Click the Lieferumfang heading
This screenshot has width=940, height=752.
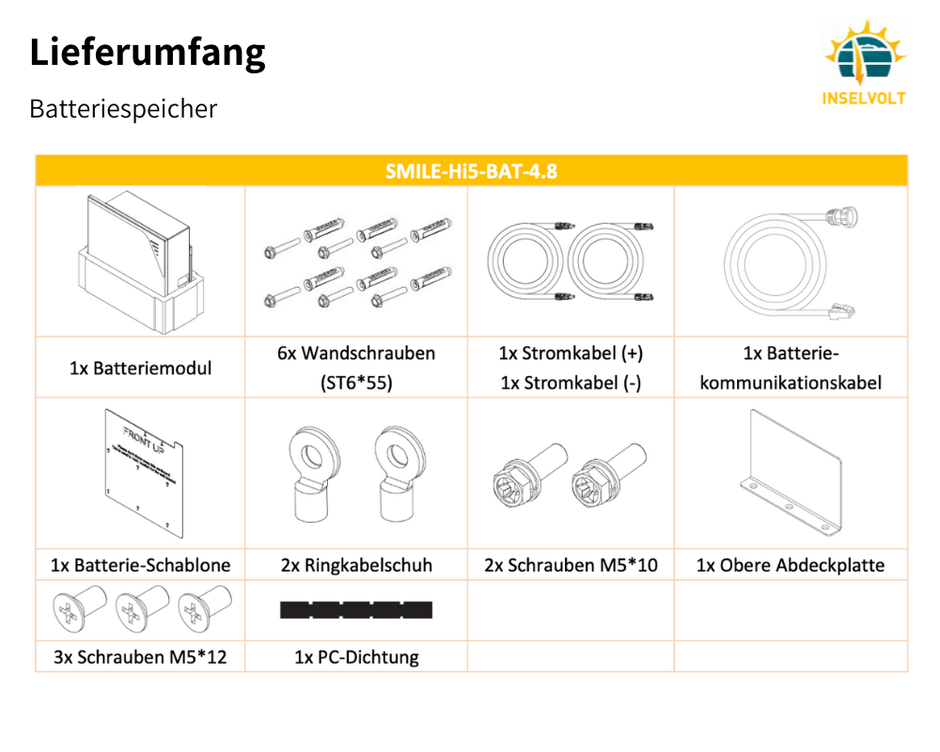coord(148,53)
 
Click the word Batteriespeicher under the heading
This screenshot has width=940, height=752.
coord(123,109)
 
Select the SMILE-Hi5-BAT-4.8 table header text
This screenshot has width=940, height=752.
coord(471,171)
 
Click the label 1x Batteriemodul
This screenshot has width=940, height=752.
coord(140,368)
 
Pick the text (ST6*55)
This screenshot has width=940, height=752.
coord(356,384)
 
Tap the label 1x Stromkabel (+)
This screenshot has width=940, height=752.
coord(571,353)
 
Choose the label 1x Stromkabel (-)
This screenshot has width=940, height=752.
coord(571,384)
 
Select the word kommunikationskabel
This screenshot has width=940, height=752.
coord(791,384)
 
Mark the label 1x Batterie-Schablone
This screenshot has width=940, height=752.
coord(140,566)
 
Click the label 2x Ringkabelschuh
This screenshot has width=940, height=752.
coord(356,566)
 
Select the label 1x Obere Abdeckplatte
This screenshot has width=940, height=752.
coord(791,566)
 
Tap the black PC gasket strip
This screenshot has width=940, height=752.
coord(356,611)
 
